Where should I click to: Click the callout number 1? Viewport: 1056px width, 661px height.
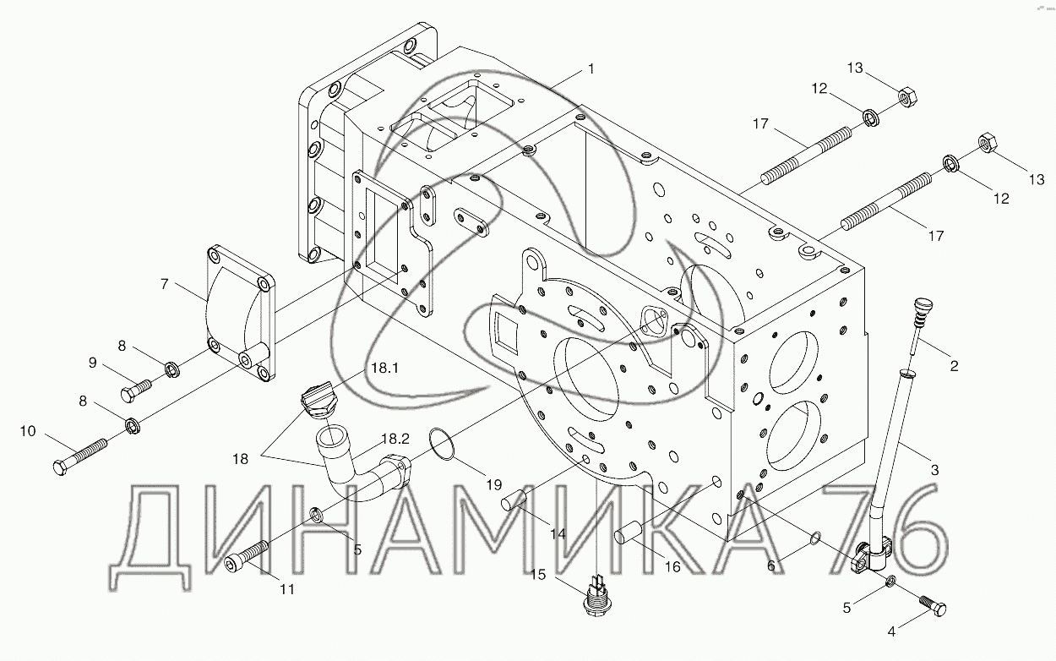(x=591, y=69)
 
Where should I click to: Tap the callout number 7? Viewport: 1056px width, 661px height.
(x=164, y=284)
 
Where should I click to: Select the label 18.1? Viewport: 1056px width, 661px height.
(x=384, y=368)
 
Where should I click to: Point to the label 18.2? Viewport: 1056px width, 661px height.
(x=395, y=440)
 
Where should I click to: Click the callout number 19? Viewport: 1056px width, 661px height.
(x=493, y=484)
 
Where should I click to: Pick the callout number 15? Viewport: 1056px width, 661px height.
(x=538, y=575)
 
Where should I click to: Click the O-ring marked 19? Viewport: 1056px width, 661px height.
(x=441, y=444)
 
